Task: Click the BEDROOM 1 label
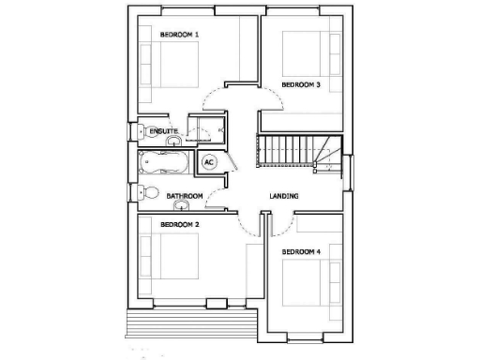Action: (179, 35)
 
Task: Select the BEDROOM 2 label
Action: (179, 225)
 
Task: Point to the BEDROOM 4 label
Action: (301, 251)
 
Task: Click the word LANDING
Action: (284, 197)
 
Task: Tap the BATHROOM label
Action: (185, 197)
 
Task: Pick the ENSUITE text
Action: (150, 131)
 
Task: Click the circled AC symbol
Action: (210, 161)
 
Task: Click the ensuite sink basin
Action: (174, 142)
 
